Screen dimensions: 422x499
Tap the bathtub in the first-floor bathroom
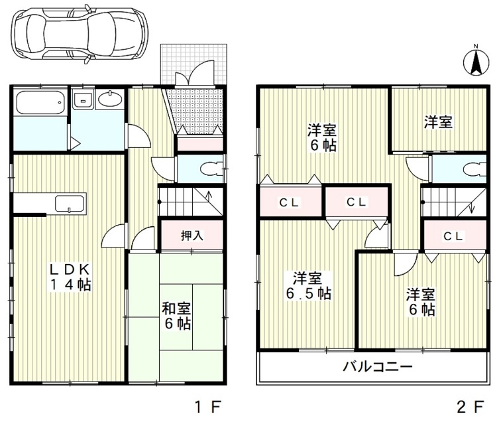[x=40, y=103]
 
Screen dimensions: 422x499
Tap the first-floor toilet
[x=210, y=168]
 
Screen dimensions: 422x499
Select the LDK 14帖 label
[x=69, y=277]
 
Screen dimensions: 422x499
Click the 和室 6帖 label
[x=177, y=316]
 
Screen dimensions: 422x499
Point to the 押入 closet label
[x=192, y=235]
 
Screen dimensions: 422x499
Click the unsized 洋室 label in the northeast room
[x=438, y=122]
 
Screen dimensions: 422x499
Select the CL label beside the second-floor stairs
[x=453, y=236]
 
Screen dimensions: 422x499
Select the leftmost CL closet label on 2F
[x=288, y=203]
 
